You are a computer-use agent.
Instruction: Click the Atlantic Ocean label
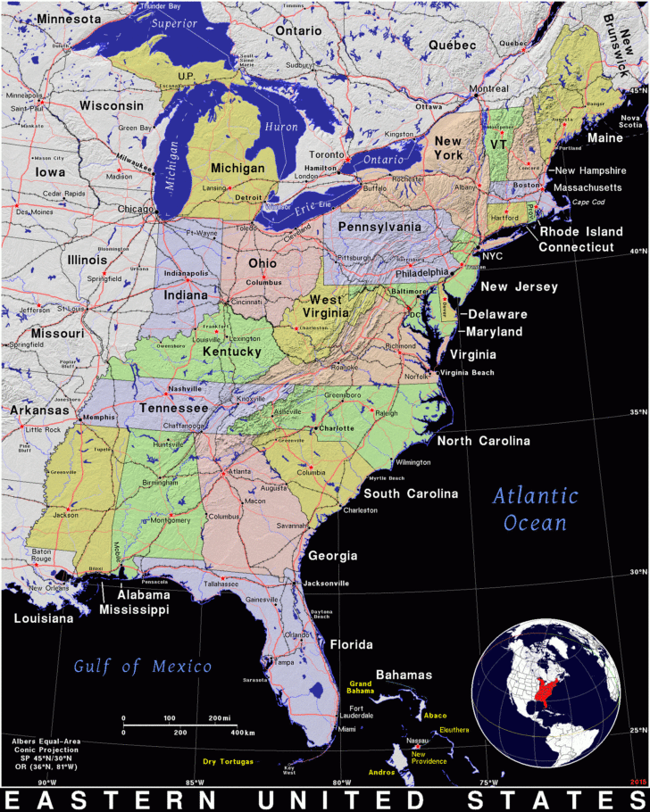click(536, 509)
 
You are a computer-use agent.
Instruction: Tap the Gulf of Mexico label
click(143, 666)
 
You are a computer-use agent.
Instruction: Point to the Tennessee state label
click(173, 408)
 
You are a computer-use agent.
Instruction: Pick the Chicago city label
click(137, 208)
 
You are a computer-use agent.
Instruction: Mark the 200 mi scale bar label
click(218, 718)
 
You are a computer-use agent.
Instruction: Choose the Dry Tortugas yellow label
click(228, 761)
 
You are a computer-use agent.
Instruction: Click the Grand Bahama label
click(361, 687)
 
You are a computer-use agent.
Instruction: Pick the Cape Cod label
click(588, 202)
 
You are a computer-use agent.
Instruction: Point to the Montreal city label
click(489, 88)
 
